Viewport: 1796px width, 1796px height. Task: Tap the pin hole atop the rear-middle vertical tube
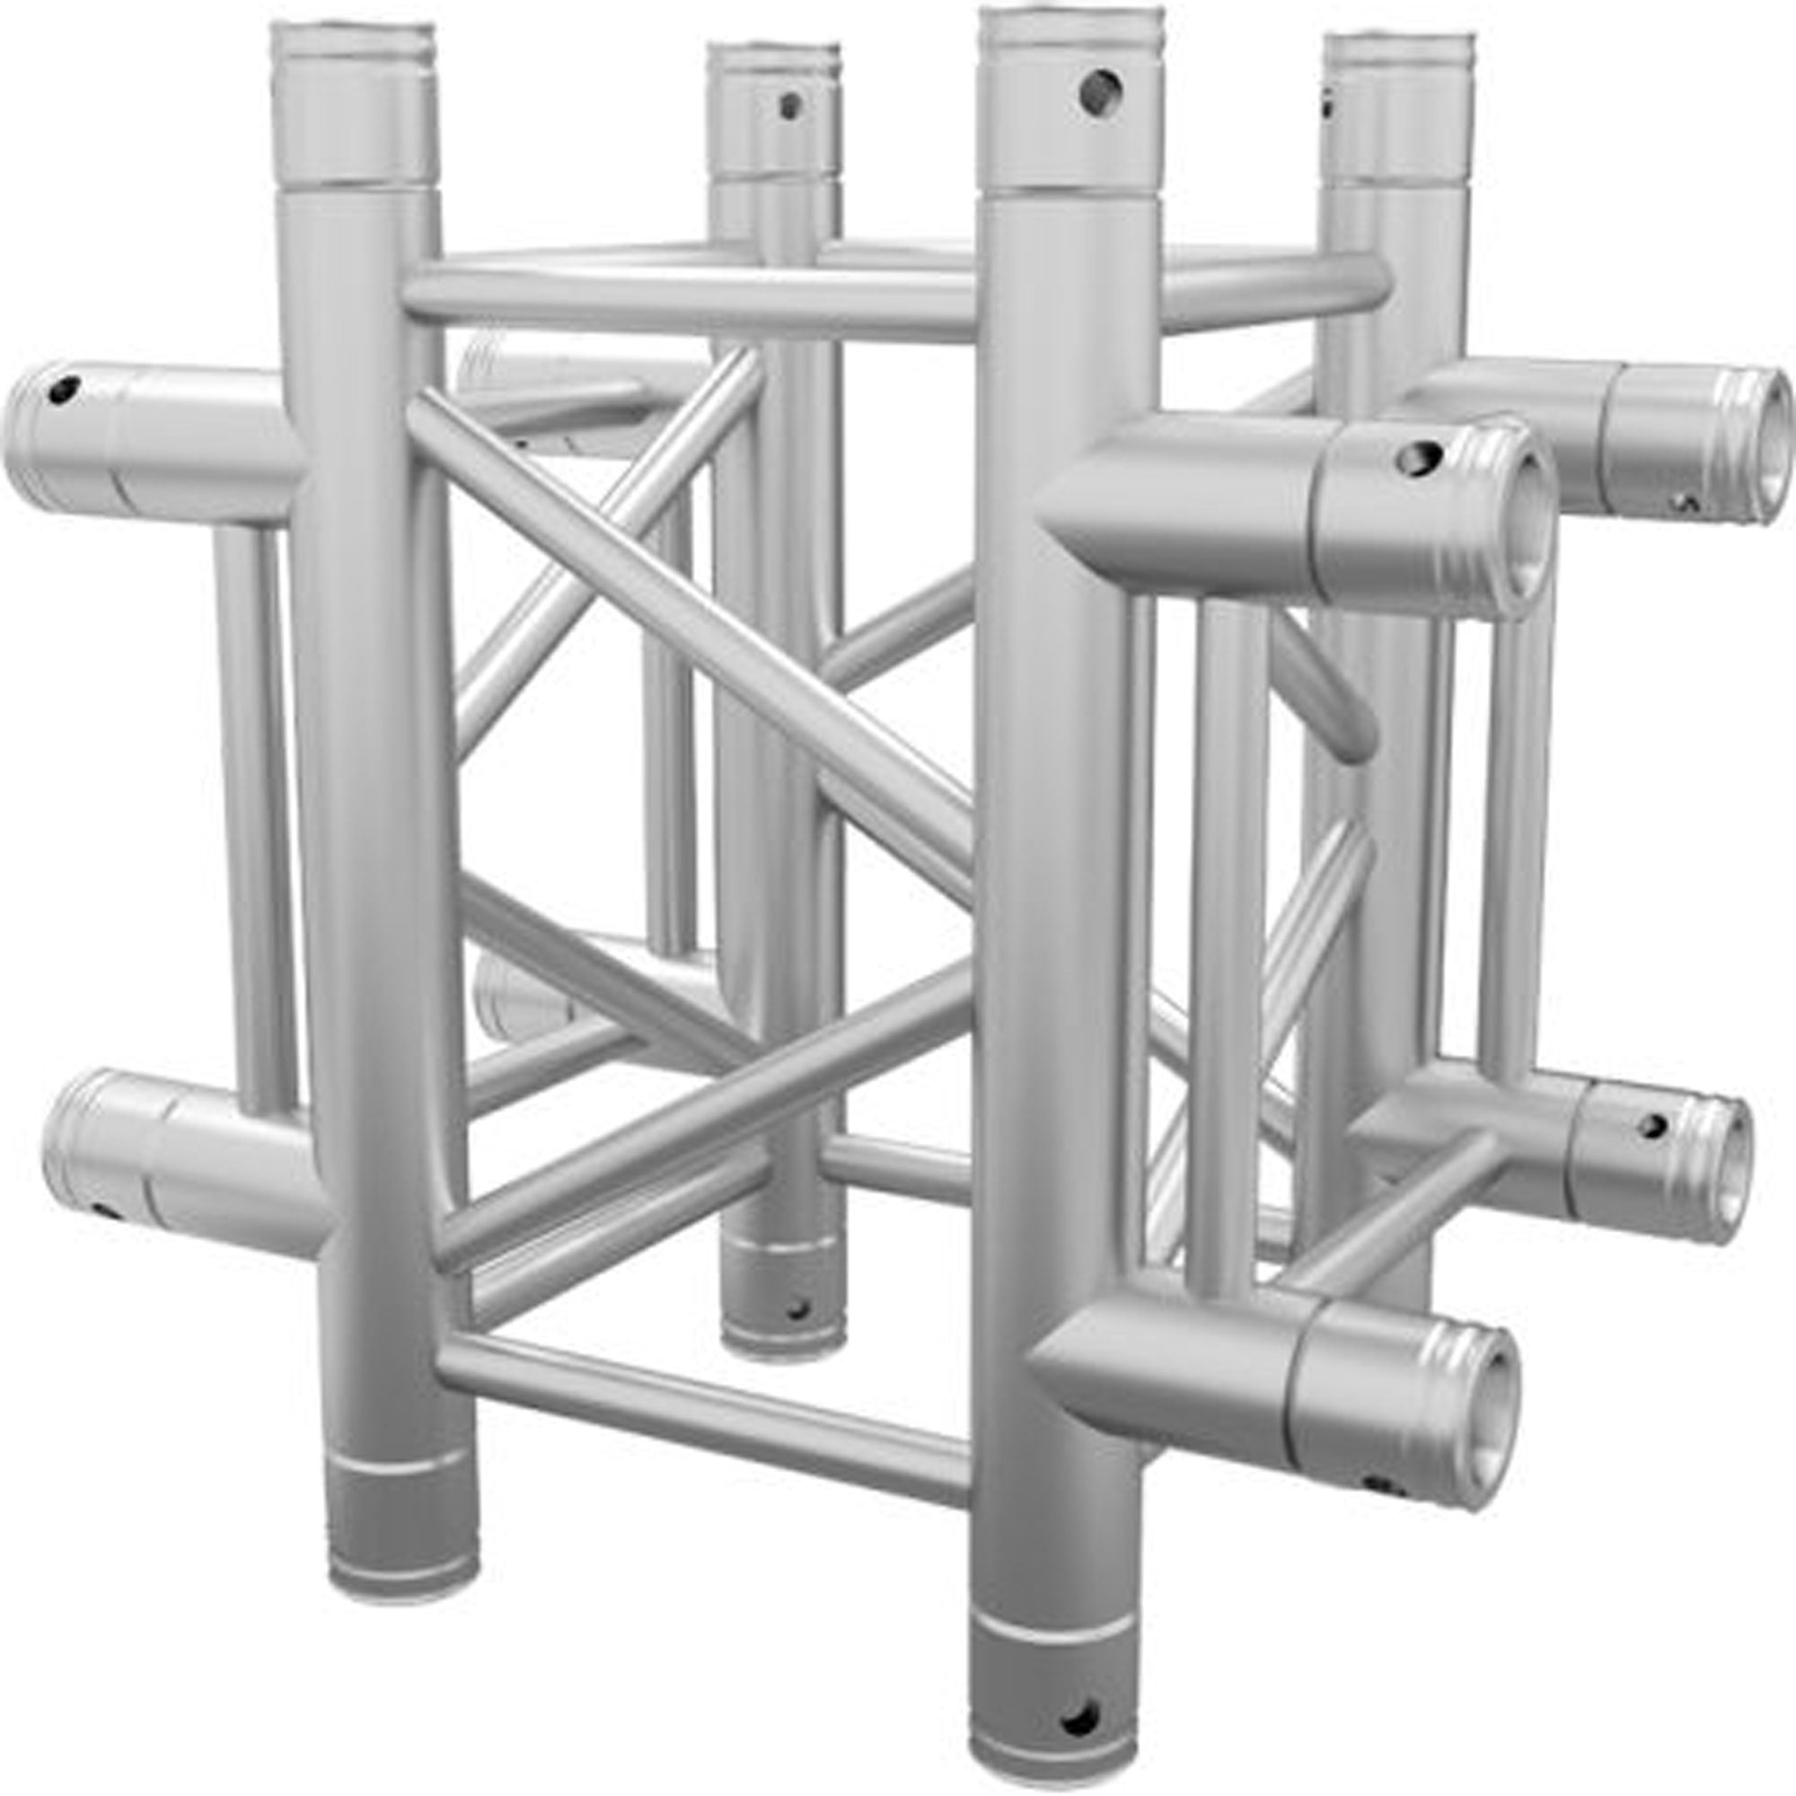[790, 105]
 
